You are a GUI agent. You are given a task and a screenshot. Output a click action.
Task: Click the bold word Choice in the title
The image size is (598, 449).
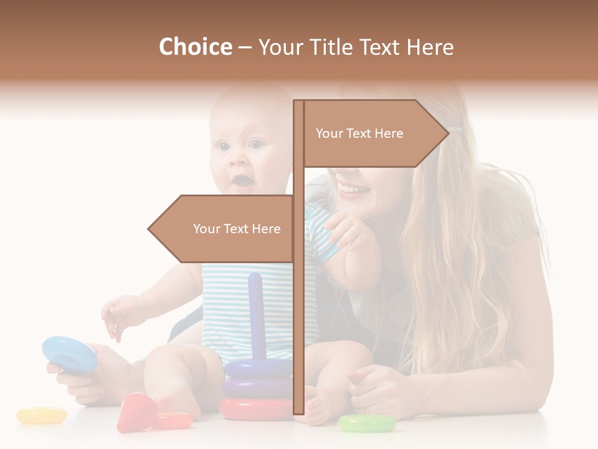[x=195, y=47]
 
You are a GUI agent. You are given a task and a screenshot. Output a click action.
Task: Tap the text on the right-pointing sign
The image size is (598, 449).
[x=359, y=133]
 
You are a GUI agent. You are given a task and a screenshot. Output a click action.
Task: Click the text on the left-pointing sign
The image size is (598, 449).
[x=237, y=229]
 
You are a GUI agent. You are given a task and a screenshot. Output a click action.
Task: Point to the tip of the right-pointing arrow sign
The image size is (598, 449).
[x=447, y=132]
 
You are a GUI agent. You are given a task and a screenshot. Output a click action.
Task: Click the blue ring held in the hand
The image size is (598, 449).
[x=69, y=354]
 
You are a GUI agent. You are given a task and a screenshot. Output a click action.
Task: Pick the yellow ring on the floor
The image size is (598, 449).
[x=42, y=415]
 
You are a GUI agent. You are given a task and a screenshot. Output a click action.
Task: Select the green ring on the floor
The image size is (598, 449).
[x=367, y=424]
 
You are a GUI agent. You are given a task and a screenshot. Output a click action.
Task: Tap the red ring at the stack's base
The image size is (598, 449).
[x=255, y=408]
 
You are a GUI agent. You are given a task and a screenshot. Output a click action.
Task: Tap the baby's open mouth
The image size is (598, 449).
[x=243, y=181]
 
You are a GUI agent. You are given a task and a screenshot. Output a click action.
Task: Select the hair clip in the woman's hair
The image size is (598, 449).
[x=455, y=130]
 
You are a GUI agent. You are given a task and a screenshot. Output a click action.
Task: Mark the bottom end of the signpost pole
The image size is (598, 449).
[x=298, y=411]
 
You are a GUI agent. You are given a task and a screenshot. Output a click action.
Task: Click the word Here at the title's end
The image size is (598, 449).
[x=429, y=47]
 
